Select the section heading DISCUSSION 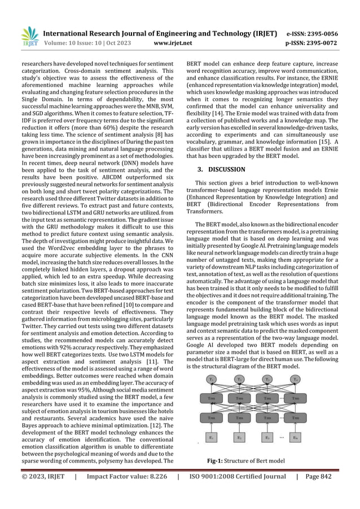point(225,169)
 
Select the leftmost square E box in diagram point(210,437)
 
